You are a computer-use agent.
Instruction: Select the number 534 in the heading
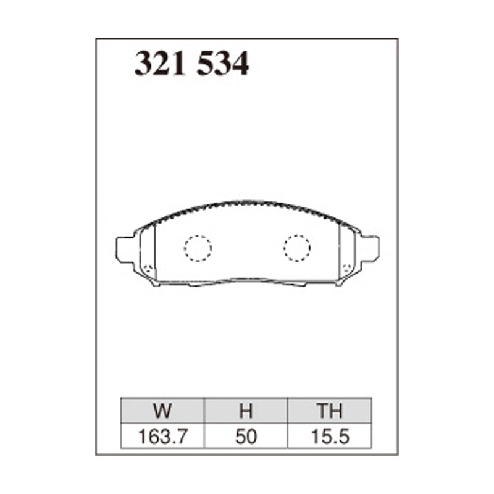click(x=223, y=64)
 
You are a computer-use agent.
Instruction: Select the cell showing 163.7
click(x=163, y=437)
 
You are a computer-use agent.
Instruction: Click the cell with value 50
click(x=246, y=437)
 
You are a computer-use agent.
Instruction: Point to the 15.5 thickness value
click(x=329, y=437)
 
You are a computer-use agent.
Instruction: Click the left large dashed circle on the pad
click(x=198, y=248)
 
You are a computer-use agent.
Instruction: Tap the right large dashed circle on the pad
click(x=297, y=248)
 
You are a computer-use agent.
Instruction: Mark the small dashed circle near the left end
click(x=148, y=269)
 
